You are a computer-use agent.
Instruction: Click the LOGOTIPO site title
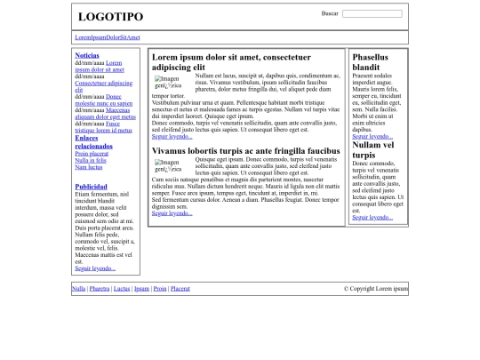coord(110,17)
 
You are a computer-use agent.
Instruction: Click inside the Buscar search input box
coord(372,14)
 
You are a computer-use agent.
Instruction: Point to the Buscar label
coord(330,13)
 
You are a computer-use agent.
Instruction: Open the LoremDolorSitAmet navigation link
coord(108,37)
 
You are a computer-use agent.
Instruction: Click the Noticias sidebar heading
coord(87,55)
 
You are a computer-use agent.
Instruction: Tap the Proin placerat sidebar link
coord(92,154)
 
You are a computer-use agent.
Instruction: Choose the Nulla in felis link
coord(91,160)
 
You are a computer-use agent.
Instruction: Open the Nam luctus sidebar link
coord(89,166)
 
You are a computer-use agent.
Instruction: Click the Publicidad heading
coord(92,187)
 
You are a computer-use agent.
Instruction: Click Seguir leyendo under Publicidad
coord(95,268)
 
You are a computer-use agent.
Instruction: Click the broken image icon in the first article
coord(167,82)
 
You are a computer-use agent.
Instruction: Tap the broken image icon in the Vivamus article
coord(167,165)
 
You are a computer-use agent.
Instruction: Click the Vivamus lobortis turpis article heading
coord(245,151)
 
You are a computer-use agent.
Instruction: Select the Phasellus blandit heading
coord(370,62)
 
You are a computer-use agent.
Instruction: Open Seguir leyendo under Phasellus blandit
coord(372,137)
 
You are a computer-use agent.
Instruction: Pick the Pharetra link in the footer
coord(100,289)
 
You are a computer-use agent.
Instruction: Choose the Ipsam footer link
coord(141,289)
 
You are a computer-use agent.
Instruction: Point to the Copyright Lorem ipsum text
coord(375,289)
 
